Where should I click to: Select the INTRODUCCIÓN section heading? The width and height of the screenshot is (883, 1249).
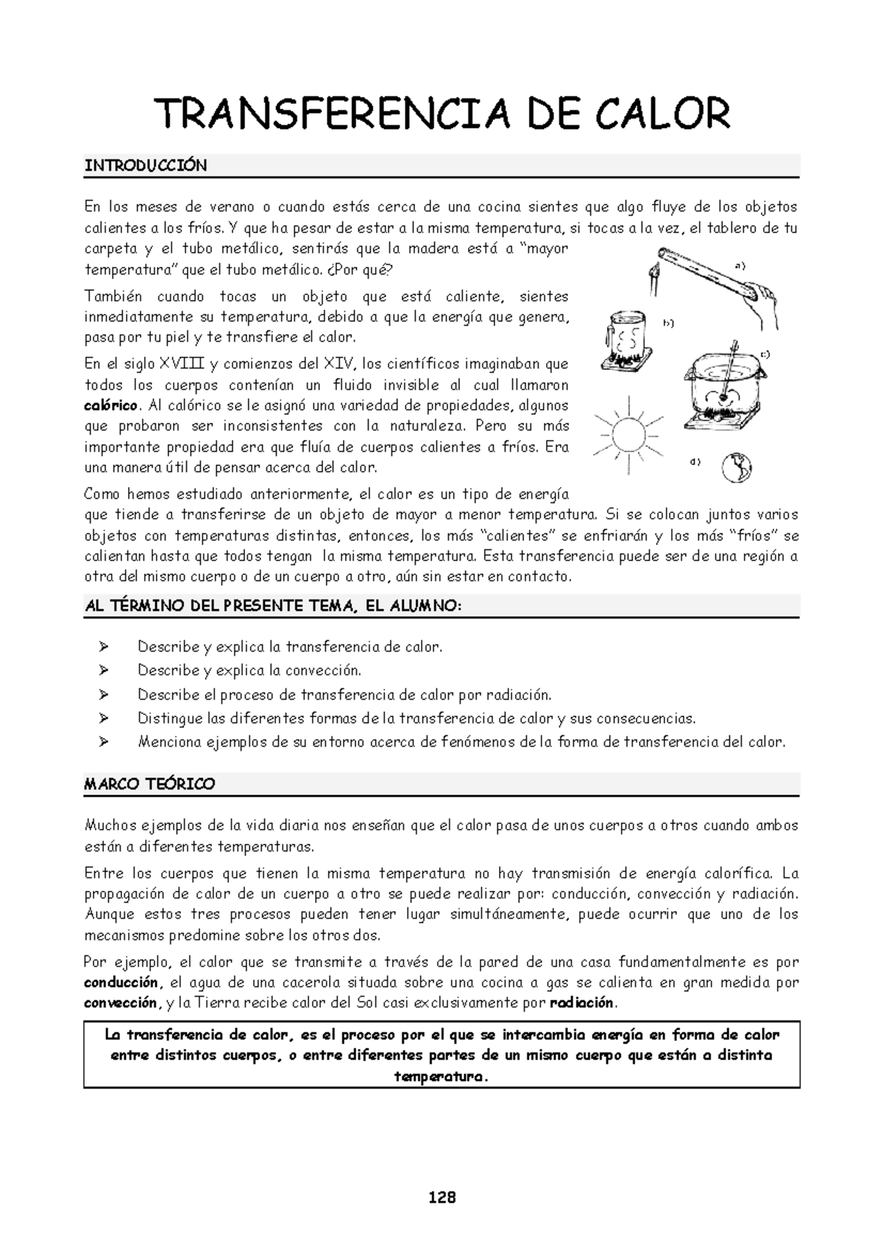click(146, 166)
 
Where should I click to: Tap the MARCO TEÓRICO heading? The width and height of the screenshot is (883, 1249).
click(150, 784)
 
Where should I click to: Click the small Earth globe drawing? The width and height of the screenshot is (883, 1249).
click(737, 467)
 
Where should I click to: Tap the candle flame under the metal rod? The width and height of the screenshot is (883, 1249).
click(654, 275)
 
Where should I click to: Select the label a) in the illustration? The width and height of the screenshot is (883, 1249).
click(740, 266)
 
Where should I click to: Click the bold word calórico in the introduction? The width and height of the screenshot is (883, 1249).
click(111, 405)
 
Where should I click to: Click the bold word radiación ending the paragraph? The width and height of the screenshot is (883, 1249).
click(584, 1003)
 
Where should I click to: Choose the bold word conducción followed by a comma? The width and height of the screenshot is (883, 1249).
click(121, 983)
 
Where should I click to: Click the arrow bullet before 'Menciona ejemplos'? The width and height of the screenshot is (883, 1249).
click(103, 742)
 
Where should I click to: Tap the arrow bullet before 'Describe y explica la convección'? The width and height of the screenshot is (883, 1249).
click(103, 671)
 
